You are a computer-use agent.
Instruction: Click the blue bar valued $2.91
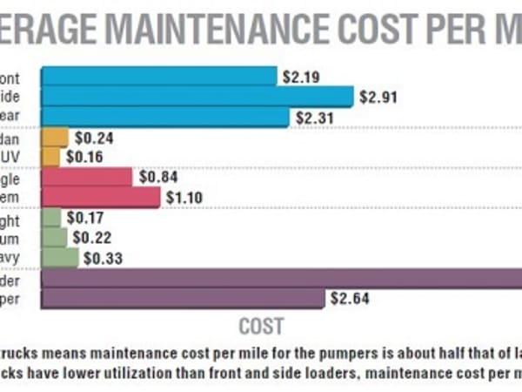[197, 96]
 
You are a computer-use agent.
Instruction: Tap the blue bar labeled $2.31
[164, 116]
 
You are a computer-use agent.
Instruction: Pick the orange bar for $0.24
[54, 137]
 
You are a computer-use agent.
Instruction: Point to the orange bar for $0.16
[50, 157]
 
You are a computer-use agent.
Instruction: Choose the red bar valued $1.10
[100, 197]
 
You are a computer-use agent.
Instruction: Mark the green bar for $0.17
[50, 218]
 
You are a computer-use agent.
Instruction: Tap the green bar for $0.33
[59, 257]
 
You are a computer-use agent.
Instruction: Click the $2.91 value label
[377, 96]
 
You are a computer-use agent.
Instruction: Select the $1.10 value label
[184, 198]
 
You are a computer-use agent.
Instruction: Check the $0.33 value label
[101, 258]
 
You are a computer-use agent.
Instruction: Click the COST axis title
[261, 327]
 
